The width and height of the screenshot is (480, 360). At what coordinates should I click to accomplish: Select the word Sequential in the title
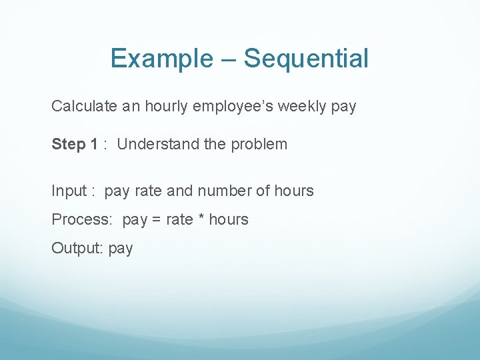[305, 59]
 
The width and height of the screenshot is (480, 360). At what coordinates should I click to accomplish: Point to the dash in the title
[226, 59]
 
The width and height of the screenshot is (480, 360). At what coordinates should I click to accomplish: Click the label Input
[69, 191]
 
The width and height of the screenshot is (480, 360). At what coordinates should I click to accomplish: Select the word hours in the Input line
[293, 191]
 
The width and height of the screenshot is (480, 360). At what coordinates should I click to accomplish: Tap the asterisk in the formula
[201, 219]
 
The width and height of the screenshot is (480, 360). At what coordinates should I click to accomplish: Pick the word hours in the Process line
[229, 219]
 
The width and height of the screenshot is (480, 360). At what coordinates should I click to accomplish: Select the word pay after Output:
[121, 249]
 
